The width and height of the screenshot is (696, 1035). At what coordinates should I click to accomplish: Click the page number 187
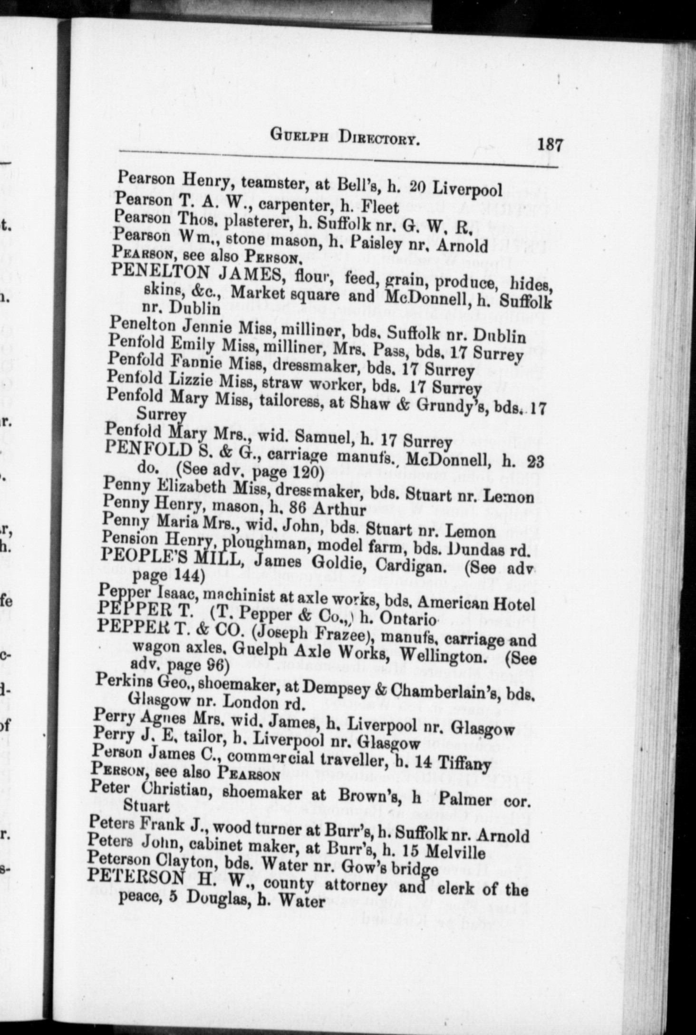pos(550,144)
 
